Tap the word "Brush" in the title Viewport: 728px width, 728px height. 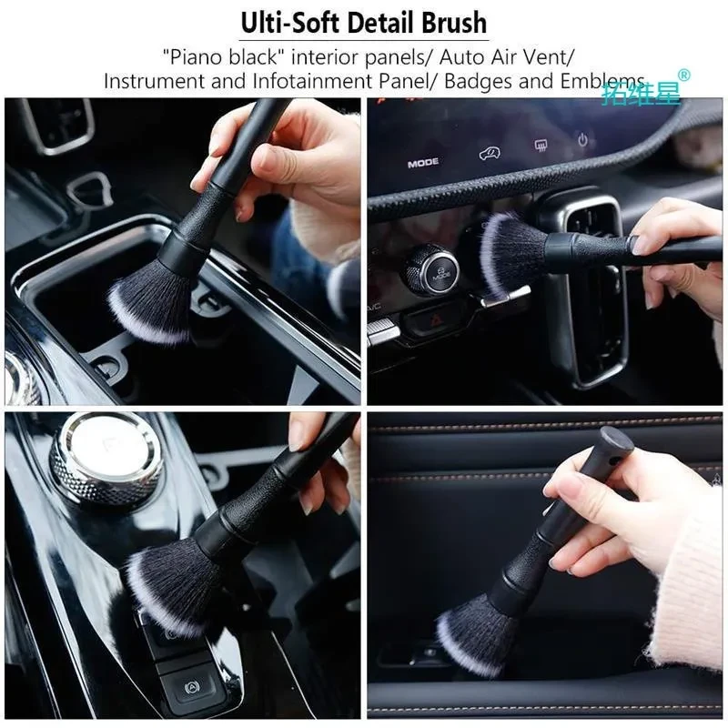coord(450,22)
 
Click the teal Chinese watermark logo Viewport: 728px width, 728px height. coord(642,92)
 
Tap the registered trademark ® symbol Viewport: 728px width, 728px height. coord(684,76)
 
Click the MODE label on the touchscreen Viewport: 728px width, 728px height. coord(423,164)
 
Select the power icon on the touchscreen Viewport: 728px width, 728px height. coord(582,141)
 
